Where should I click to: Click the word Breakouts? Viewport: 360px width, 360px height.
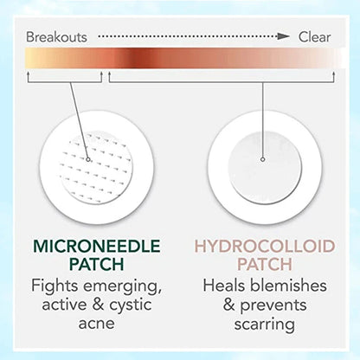pos(57,37)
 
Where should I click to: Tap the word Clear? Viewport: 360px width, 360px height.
pos(315,37)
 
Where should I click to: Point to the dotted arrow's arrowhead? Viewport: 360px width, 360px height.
pos(283,37)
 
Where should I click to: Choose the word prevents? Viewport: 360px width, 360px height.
pos(272,305)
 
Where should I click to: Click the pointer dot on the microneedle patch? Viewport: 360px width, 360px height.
pos(89,158)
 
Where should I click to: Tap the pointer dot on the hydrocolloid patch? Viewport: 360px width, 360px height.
pos(262,158)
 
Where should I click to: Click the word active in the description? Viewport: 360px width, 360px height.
pos(58,305)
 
